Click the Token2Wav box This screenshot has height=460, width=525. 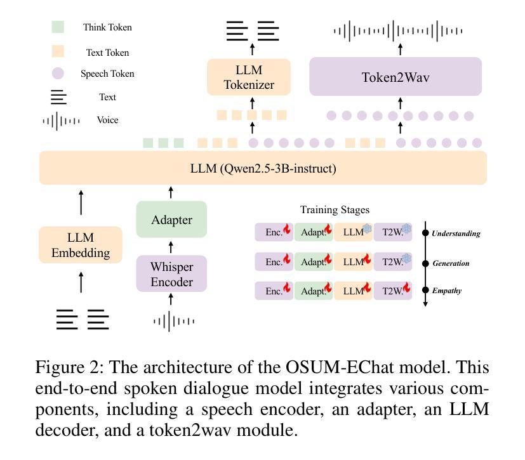(395, 77)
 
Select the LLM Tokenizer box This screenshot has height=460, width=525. (249, 77)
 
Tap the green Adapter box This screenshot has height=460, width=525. (171, 220)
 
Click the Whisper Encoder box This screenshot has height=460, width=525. (171, 273)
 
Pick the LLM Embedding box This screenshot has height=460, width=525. (80, 245)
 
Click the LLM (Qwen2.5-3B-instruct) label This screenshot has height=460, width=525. (263, 168)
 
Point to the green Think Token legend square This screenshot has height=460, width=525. (58, 27)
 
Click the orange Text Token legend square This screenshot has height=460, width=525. (58, 52)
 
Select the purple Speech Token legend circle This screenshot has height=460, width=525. (58, 74)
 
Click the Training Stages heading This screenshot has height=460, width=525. (335, 209)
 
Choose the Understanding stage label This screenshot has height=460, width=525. (456, 233)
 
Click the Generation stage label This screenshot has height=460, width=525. (451, 263)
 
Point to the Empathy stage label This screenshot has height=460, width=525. (447, 291)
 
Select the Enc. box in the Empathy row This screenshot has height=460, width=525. (274, 291)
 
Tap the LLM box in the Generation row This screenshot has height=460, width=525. (354, 261)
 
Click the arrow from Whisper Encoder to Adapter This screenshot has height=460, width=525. (171, 247)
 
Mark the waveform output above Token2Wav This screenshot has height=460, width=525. (398, 30)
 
